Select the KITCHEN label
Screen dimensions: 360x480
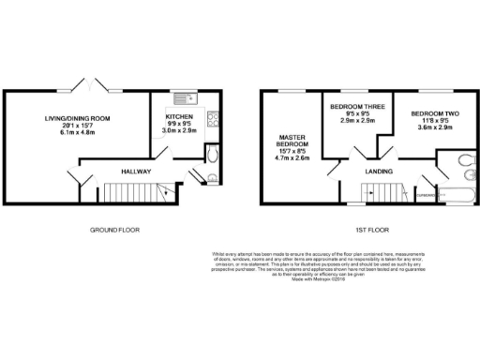[180, 119]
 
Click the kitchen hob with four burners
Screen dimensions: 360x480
[213, 119]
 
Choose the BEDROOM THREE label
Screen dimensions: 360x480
[355, 107]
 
